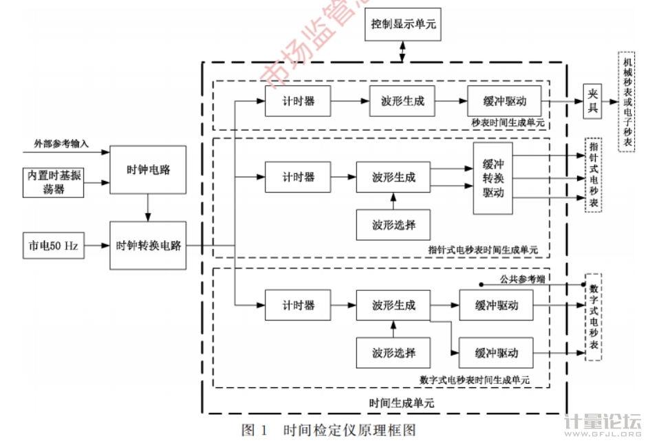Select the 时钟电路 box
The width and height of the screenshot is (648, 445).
[x=148, y=169]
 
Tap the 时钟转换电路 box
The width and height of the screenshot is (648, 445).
[x=148, y=245]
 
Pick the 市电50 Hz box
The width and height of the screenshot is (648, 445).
[x=52, y=246]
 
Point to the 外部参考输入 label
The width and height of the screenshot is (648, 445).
[x=61, y=144]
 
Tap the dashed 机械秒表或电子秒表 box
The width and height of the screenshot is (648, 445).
[x=627, y=100]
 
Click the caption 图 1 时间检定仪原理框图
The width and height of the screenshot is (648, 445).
[x=329, y=431]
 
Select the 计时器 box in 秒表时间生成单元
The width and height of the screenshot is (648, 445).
[x=298, y=101]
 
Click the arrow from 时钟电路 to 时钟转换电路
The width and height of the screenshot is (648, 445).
[x=148, y=207]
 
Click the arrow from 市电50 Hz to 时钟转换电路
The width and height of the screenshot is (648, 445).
[x=97, y=246]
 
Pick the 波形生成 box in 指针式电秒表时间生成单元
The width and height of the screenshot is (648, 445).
[x=393, y=177]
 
